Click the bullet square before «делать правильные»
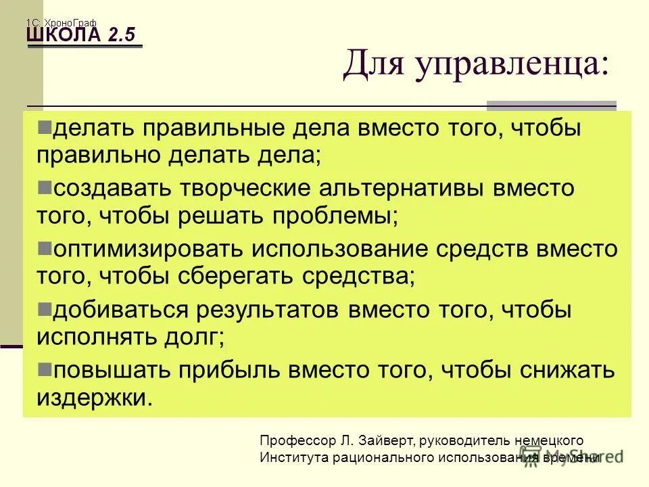45,126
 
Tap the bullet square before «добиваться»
45,308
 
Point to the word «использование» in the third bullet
341,250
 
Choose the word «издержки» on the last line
94,397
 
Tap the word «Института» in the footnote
293,458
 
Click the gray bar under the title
552,106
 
